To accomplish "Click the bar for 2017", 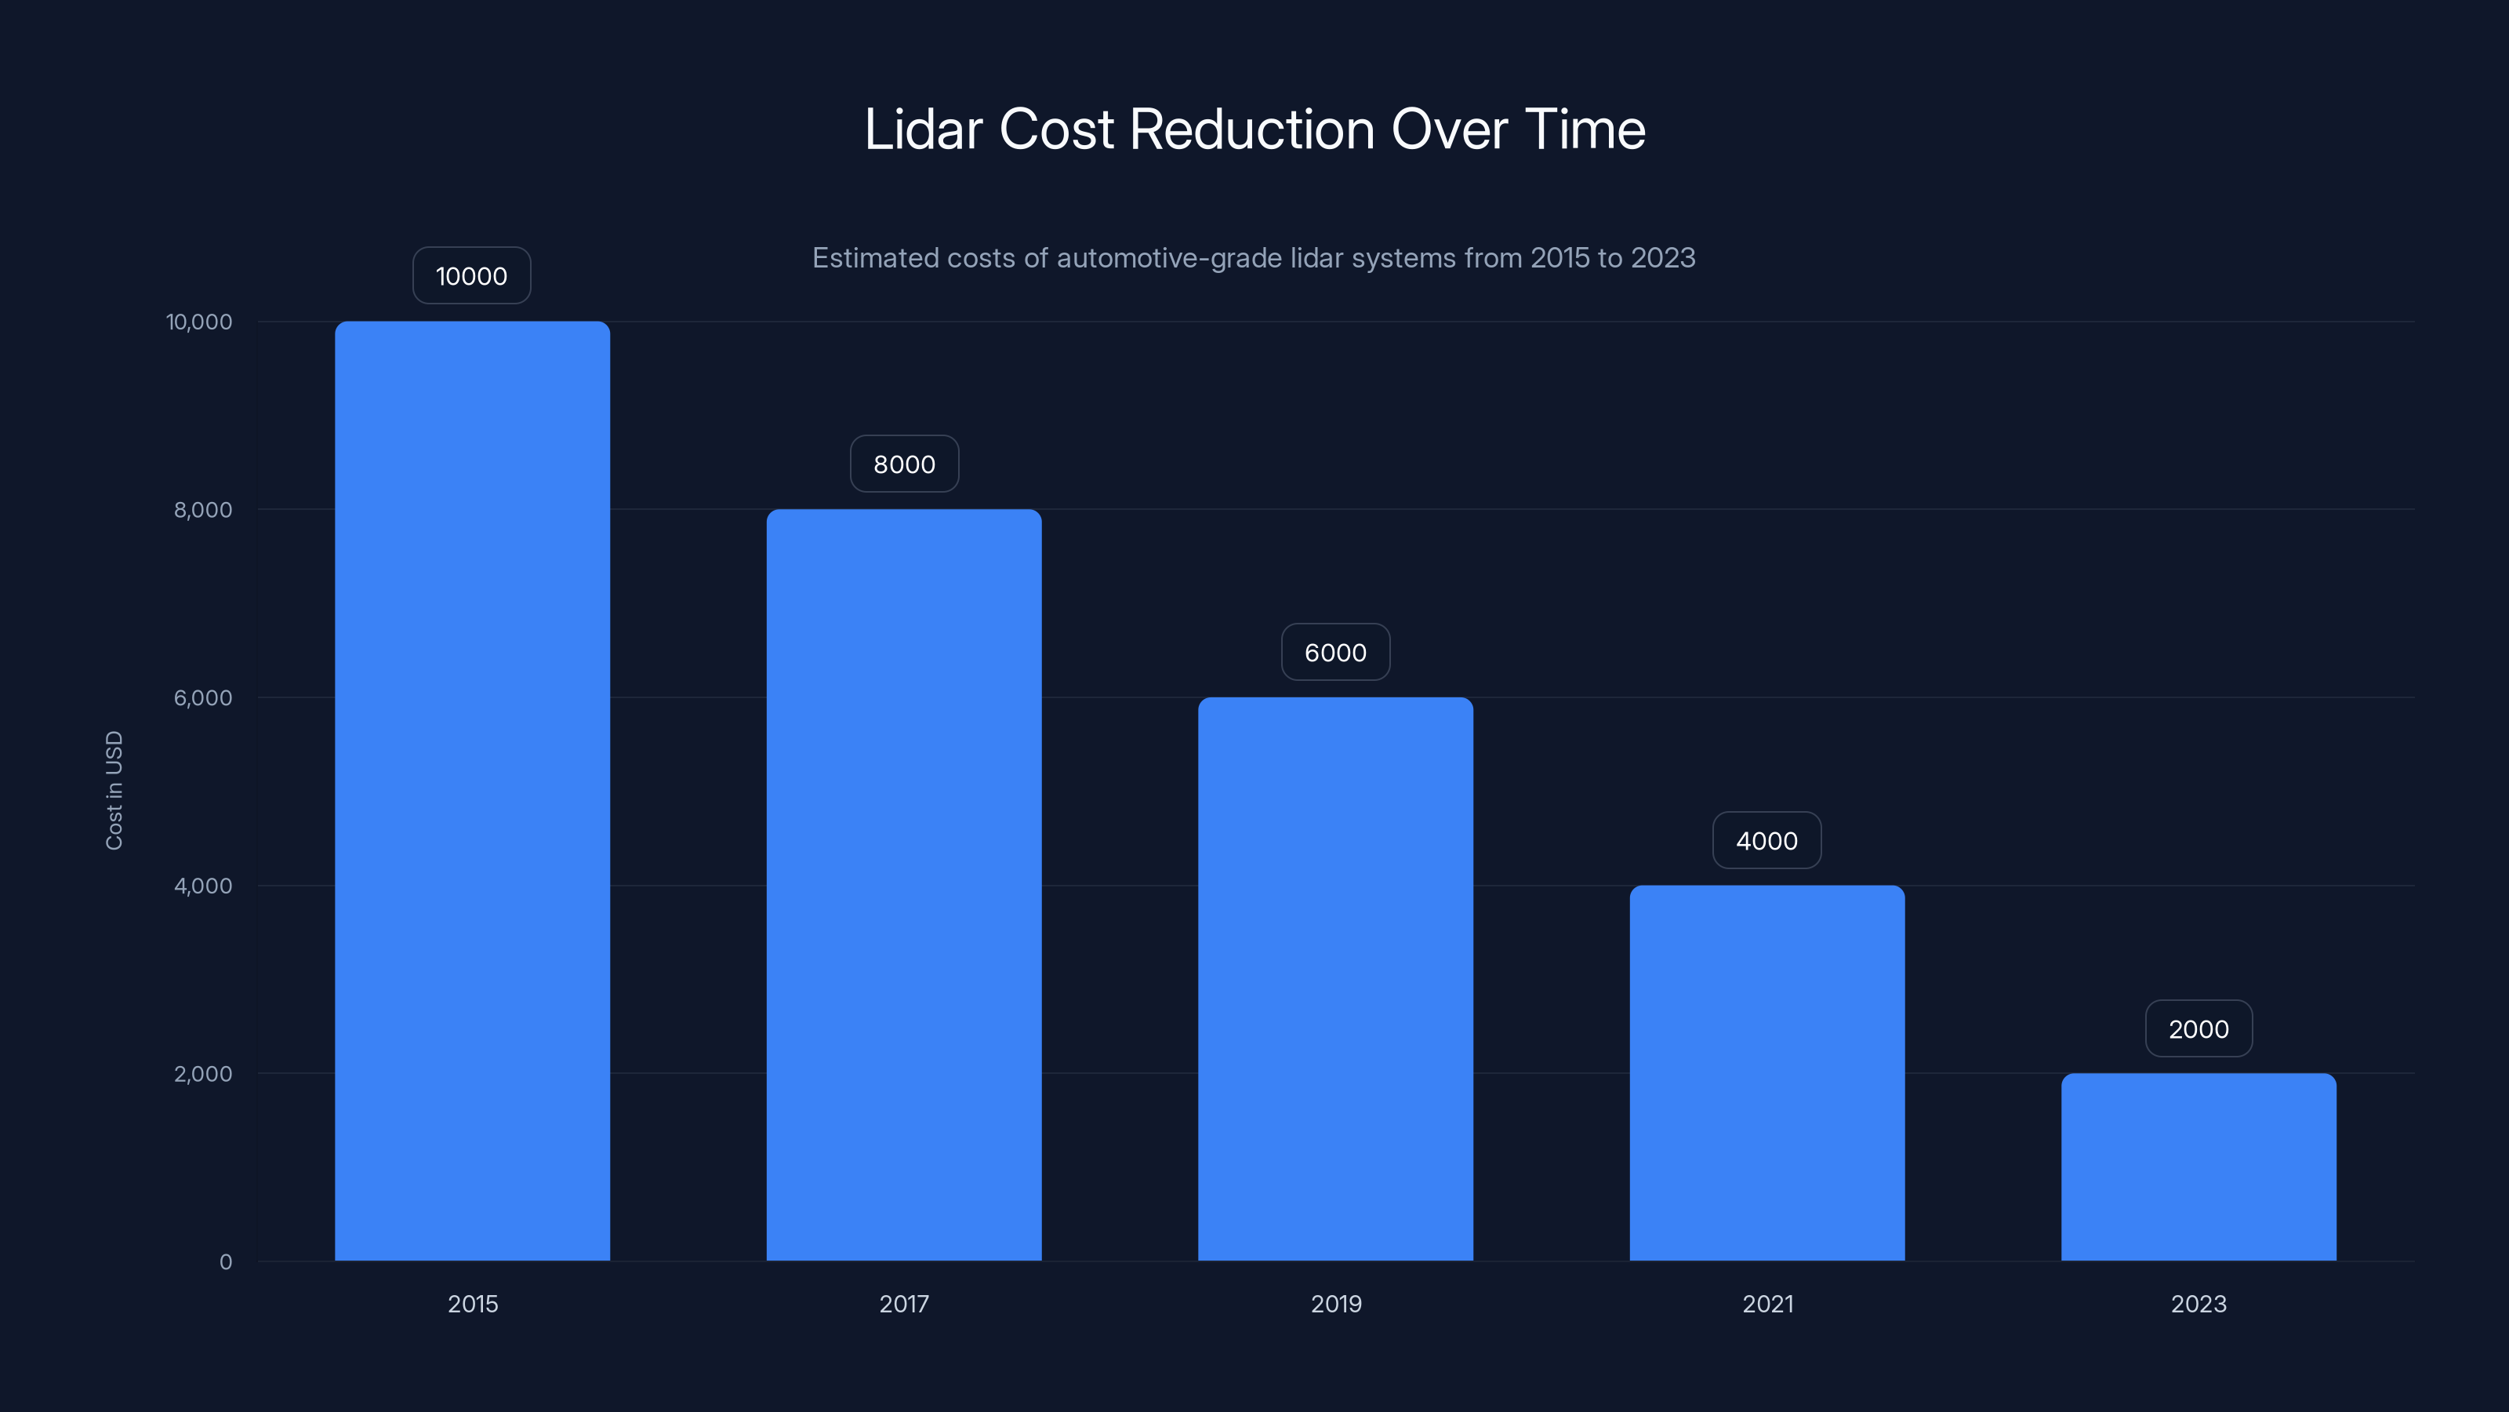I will click(x=904, y=884).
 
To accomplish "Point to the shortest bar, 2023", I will click(x=2199, y=1166).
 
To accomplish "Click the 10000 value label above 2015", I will click(x=471, y=276).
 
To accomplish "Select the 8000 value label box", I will click(x=904, y=464).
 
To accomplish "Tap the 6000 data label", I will click(x=1335, y=652).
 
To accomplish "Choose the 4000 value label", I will click(x=1766, y=840).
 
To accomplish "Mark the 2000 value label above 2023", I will click(x=2199, y=1028).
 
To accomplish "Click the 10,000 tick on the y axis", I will click(x=200, y=322).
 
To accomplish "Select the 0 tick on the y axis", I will click(x=226, y=1262).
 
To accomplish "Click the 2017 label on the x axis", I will click(x=904, y=1304).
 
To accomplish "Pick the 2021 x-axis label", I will click(x=1766, y=1304).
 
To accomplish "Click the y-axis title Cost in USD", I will click(x=114, y=790).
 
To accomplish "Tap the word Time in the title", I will click(x=1585, y=129).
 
